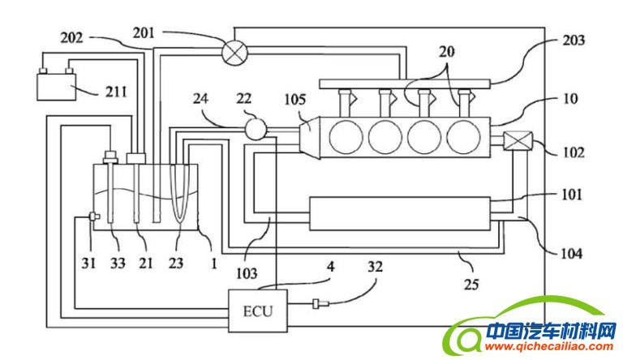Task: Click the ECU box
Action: (x=258, y=311)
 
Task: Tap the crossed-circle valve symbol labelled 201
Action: (x=234, y=52)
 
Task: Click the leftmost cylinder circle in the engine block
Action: (x=346, y=137)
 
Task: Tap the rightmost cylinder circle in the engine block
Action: (x=463, y=137)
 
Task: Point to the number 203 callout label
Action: (x=574, y=40)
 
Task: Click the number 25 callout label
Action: (x=471, y=284)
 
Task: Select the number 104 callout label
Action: (x=571, y=253)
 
